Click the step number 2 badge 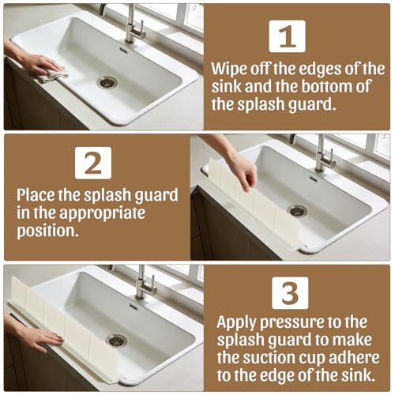pyautogui.click(x=93, y=163)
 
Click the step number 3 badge pyautogui.click(x=290, y=292)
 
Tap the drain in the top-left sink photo pyautogui.click(x=107, y=81)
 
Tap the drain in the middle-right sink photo pyautogui.click(x=297, y=211)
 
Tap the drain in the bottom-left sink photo pyautogui.click(x=116, y=340)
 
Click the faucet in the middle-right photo pyautogui.click(x=322, y=154)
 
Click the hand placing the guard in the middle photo pyautogui.click(x=241, y=168)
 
